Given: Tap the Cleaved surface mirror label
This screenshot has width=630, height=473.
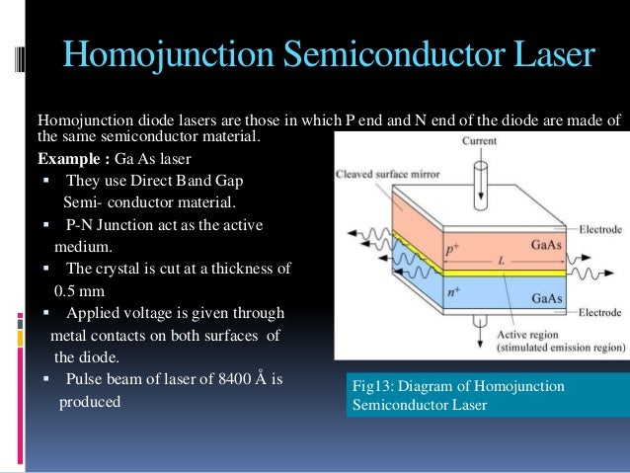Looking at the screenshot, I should tap(388, 175).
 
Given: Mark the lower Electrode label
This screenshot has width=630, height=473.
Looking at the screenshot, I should tap(599, 313).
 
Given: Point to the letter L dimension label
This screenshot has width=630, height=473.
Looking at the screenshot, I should tap(502, 259).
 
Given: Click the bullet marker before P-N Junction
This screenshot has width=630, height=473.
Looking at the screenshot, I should tap(46, 226).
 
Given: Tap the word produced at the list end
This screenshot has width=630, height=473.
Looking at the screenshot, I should tap(90, 402).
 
